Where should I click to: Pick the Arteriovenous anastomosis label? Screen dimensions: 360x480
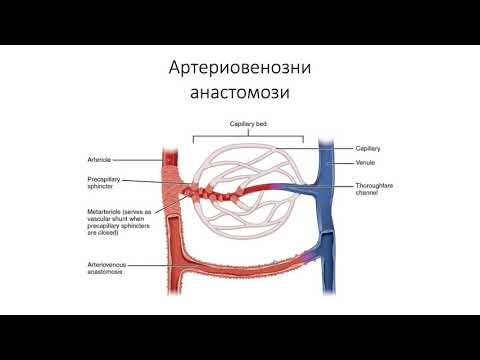[x=113, y=267]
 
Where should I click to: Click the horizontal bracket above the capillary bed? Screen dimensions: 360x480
[x=245, y=133]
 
